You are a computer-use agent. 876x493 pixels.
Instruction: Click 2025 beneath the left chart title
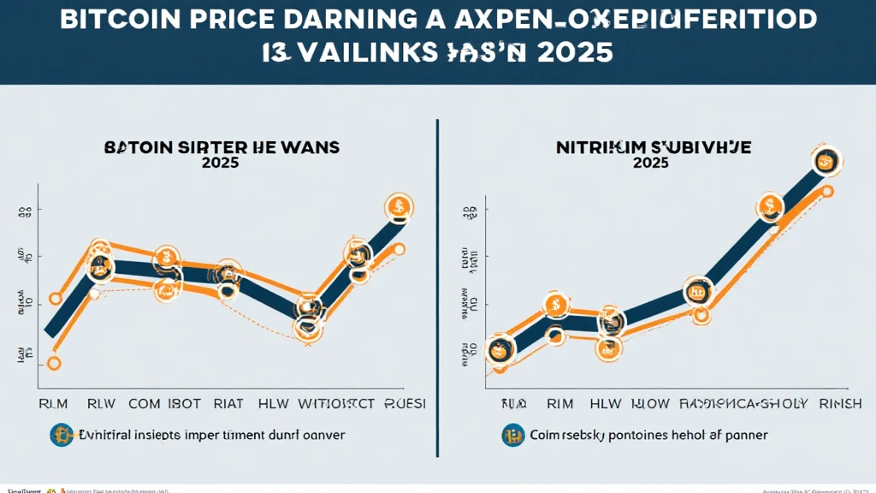coord(220,163)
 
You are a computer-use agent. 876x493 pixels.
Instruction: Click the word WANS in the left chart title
coord(309,147)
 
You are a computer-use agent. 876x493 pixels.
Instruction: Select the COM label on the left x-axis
coord(145,403)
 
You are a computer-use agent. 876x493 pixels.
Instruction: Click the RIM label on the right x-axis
coord(559,403)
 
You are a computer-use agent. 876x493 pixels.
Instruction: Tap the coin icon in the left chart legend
coord(60,435)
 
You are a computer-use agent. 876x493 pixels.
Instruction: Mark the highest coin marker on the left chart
coord(399,206)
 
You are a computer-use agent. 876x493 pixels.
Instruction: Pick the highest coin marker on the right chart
coord(826,160)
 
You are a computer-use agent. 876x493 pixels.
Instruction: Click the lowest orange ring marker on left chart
coord(53,363)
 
